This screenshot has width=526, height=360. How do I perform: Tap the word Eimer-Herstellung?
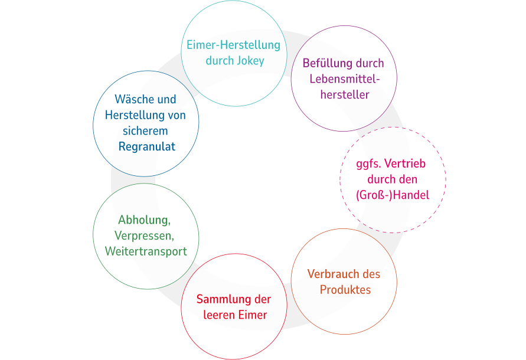pyautogui.click(x=233, y=45)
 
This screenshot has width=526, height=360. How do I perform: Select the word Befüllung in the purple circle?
pyautogui.click(x=328, y=63)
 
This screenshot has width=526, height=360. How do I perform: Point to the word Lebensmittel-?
pyautogui.click(x=345, y=79)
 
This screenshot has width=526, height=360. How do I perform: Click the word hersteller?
pyautogui.click(x=345, y=94)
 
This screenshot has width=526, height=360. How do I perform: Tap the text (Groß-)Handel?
pyautogui.click(x=393, y=195)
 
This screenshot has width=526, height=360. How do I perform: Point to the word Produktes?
pyautogui.click(x=345, y=289)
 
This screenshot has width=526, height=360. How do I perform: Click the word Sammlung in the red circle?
pyautogui.click(x=221, y=299)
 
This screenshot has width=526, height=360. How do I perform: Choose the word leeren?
pyautogui.click(x=218, y=315)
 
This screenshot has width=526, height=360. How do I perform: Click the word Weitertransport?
pyautogui.click(x=146, y=251)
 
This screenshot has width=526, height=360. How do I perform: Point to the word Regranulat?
pyautogui.click(x=147, y=146)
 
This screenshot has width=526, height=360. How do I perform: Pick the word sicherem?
pyautogui.click(x=145, y=131)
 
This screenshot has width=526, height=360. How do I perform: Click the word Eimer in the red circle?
pyautogui.click(x=252, y=315)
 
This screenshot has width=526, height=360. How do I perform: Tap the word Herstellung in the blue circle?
pyautogui.click(x=132, y=115)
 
